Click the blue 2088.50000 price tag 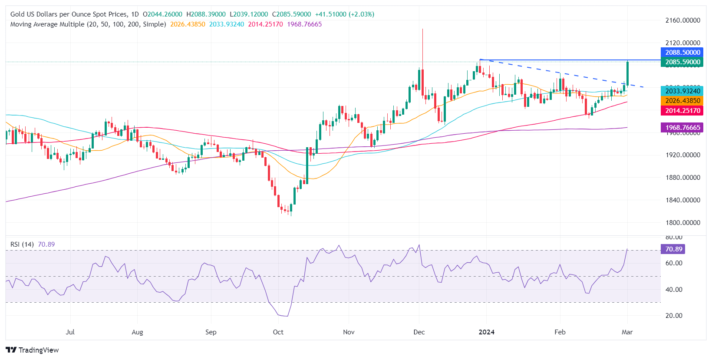[682, 53]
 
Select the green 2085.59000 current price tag [682, 62]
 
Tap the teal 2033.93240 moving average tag [682, 91]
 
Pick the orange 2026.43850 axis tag [682, 101]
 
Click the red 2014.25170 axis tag [682, 111]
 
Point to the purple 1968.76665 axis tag [682, 128]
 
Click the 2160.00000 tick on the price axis [682, 20]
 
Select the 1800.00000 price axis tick [682, 223]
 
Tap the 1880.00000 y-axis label [682, 178]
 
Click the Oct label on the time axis [278, 332]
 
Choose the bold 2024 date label [486, 332]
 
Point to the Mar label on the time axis [627, 332]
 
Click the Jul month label [70, 332]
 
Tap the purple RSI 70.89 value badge [673, 249]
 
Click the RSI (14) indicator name [22, 244]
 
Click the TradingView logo [33, 350]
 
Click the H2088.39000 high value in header [206, 14]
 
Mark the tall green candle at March [627, 74]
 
